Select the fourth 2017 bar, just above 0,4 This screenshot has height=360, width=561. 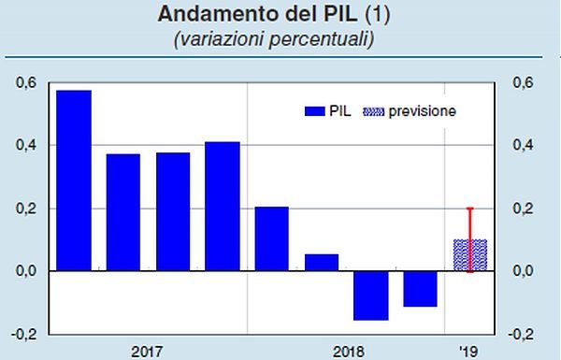click(x=222, y=206)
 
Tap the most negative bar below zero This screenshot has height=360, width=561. click(x=369, y=295)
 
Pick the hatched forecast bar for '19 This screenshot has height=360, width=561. click(x=469, y=255)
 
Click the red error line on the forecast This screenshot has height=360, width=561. click(x=469, y=224)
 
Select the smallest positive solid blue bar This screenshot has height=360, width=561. click(x=321, y=262)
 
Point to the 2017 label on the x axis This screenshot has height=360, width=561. click(x=147, y=352)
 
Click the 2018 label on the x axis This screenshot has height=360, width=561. click(x=347, y=352)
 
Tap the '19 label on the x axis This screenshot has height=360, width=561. click(x=469, y=352)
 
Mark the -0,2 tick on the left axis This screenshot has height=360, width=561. click(x=25, y=334)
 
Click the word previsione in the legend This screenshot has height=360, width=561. click(x=423, y=111)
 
